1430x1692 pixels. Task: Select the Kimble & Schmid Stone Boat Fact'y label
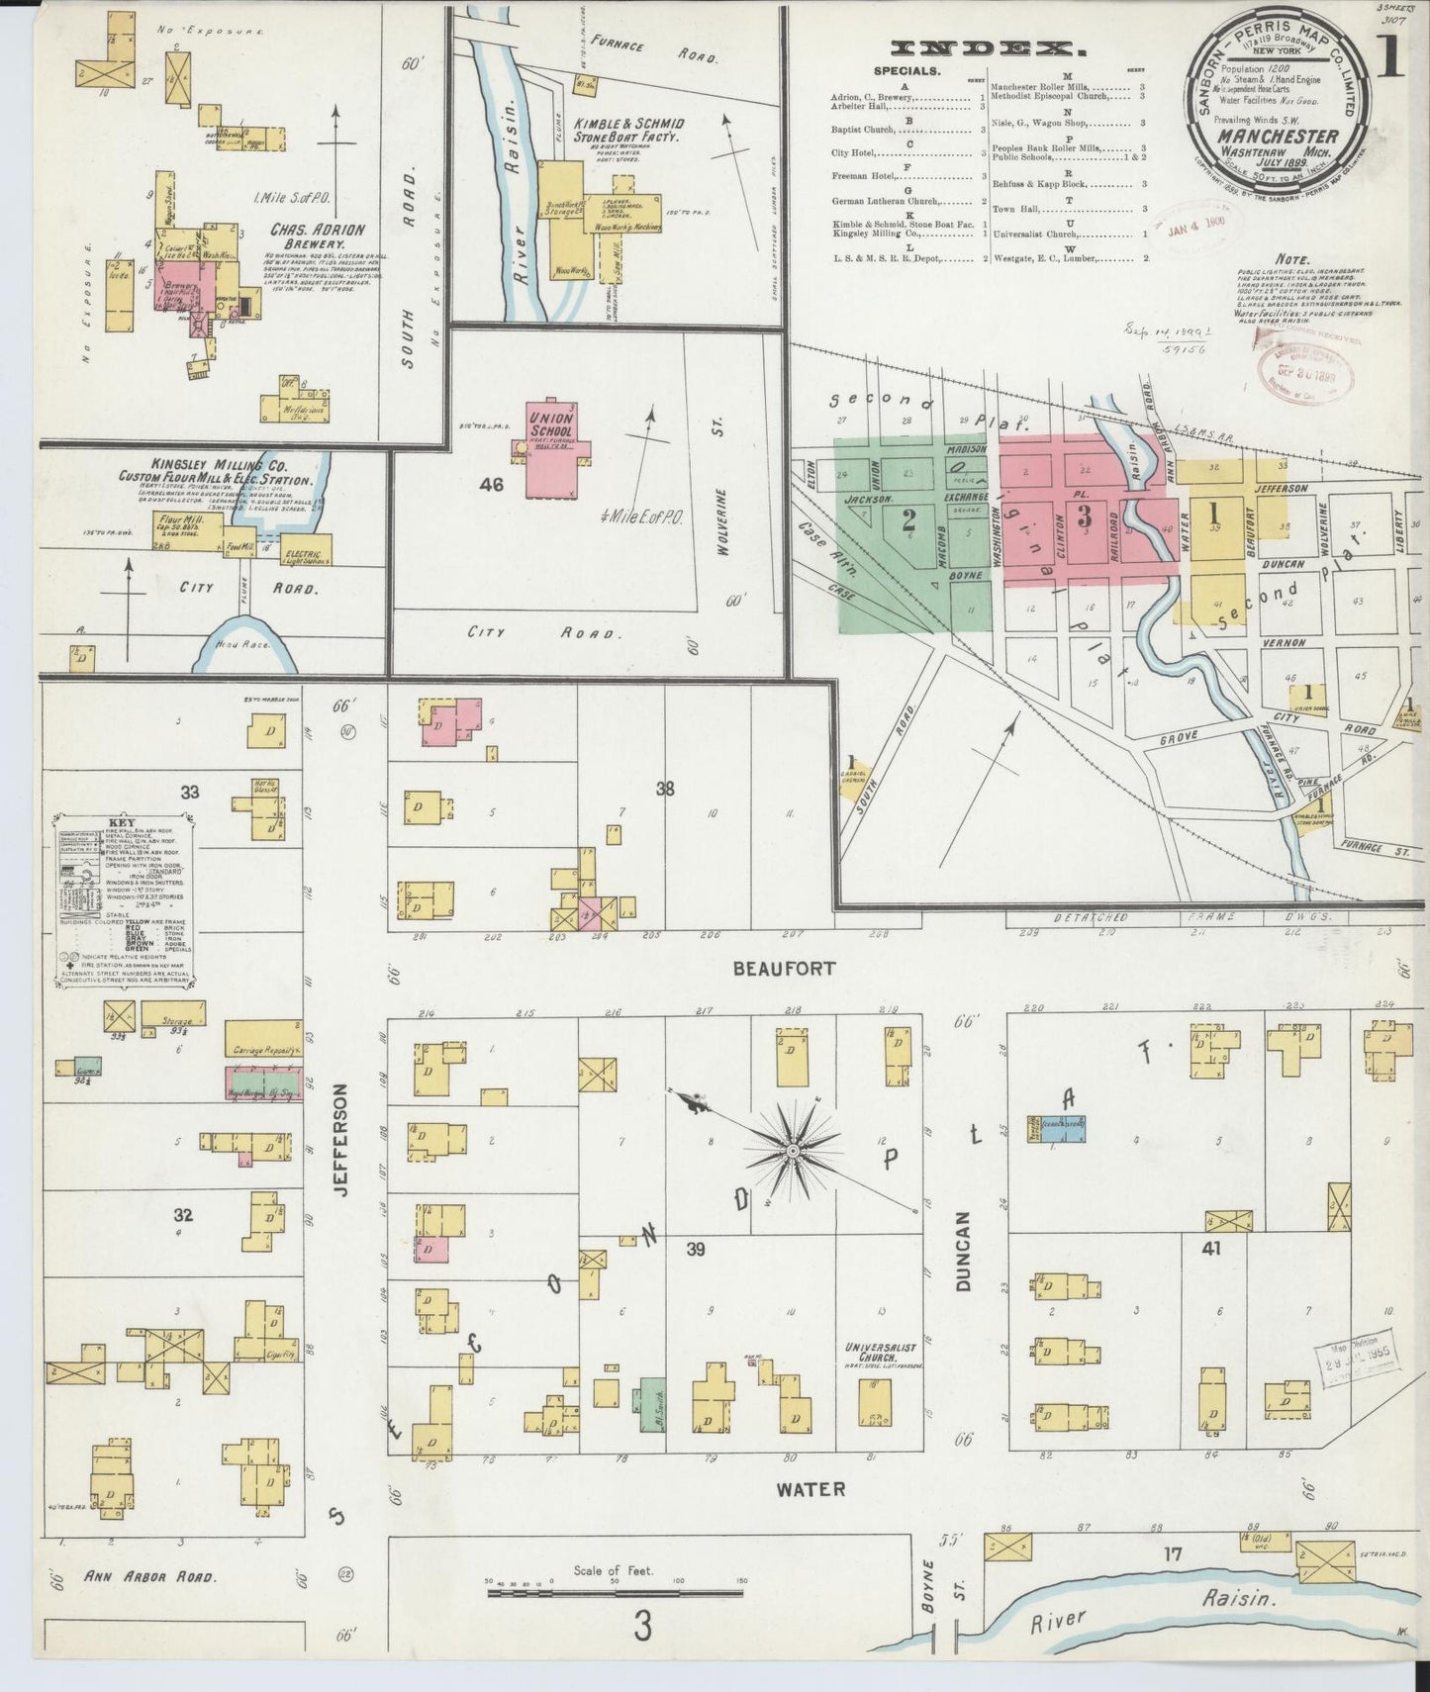click(614, 129)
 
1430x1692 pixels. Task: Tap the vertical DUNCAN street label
click(965, 1252)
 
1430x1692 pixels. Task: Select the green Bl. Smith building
click(652, 1405)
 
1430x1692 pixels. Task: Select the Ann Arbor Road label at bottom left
click(148, 1604)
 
